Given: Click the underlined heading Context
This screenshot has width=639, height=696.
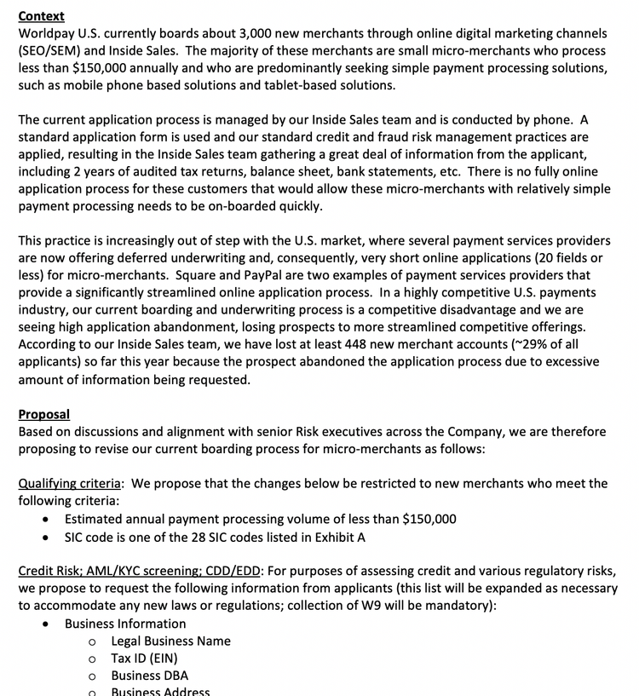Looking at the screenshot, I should tap(41, 15).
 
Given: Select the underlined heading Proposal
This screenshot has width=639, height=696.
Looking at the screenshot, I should tap(43, 414).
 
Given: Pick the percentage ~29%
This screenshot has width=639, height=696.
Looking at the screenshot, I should tap(515, 345).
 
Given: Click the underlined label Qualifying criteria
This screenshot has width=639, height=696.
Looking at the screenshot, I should tap(71, 484).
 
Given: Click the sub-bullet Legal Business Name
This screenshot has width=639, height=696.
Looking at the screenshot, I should tap(170, 641).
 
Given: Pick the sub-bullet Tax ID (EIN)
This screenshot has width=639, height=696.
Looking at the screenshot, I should tap(144, 658).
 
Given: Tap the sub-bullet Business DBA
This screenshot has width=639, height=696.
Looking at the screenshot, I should tap(149, 676).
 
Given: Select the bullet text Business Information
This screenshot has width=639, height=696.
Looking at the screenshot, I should tap(125, 624).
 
